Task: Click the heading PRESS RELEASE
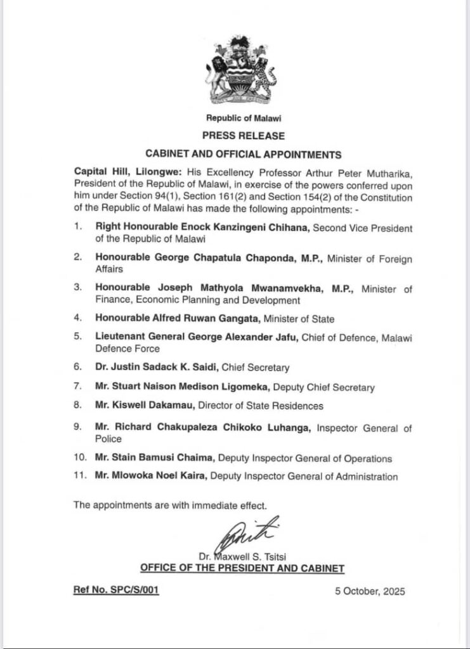coord(243,136)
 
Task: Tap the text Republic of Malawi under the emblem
coord(244,118)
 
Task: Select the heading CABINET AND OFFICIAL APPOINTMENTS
coord(244,154)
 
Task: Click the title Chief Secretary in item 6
coord(266,367)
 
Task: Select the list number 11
coord(79,477)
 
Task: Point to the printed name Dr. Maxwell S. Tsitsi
coord(243,557)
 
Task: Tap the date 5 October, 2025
coord(369,591)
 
